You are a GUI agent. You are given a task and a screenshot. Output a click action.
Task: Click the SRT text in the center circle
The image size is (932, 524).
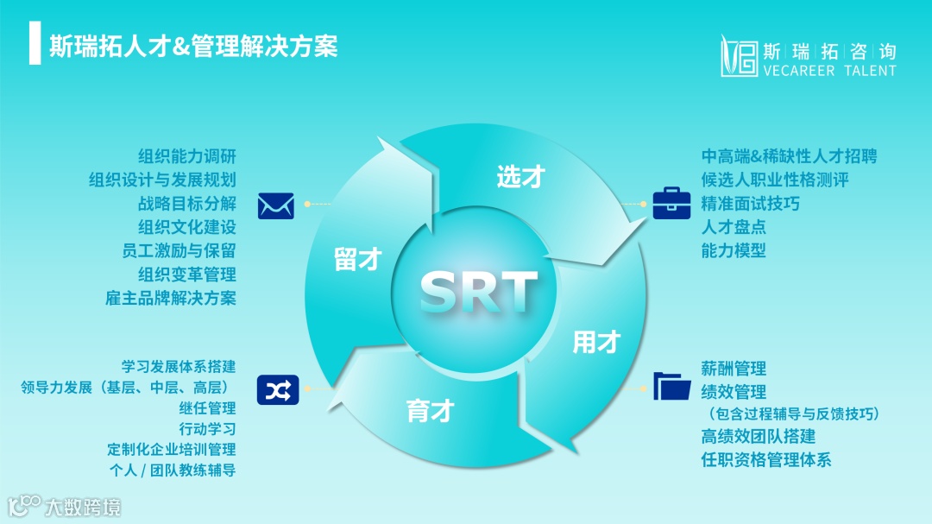(479, 291)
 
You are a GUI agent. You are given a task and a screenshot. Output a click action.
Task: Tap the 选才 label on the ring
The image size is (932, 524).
(521, 177)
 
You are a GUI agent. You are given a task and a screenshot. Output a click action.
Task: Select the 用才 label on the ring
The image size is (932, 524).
(596, 342)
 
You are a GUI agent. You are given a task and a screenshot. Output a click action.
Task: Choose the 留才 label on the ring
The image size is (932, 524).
(357, 259)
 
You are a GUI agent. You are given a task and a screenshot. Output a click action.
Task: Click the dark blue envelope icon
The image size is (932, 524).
(276, 205)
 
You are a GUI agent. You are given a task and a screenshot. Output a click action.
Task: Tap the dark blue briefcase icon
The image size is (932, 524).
(671, 203)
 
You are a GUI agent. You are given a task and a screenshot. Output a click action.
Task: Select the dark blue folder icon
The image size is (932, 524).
(672, 386)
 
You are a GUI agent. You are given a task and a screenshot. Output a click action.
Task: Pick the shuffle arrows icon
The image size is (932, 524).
(276, 390)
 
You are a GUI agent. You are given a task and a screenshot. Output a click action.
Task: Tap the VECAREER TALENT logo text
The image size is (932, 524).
(829, 71)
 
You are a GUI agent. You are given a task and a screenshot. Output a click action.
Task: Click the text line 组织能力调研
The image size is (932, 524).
(187, 156)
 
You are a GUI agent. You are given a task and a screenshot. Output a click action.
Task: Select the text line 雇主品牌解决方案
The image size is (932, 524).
(171, 298)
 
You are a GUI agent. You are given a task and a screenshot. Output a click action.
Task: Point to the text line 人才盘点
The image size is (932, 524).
(734, 227)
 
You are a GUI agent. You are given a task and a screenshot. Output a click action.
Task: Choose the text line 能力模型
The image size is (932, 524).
(734, 250)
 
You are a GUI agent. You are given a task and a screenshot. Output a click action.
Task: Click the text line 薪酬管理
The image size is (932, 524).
(734, 369)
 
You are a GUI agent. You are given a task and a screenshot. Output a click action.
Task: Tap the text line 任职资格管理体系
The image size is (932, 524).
(766, 459)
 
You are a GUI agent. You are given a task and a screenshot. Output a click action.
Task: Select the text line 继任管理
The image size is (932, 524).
(207, 407)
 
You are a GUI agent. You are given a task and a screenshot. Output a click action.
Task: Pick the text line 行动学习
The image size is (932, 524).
(207, 428)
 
